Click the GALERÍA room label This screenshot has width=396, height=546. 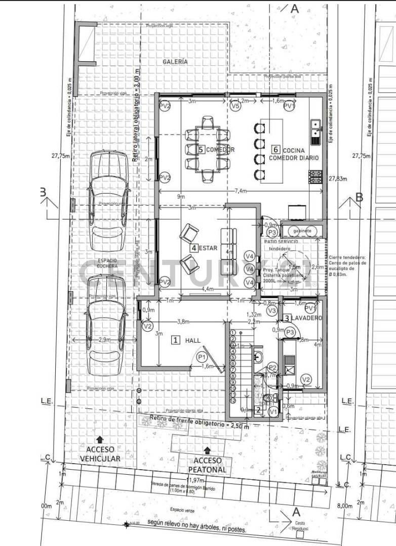click(x=175, y=61)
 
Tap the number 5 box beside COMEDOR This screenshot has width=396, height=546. click(x=201, y=150)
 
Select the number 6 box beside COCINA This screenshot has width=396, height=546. click(x=275, y=149)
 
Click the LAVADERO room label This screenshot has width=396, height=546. click(x=306, y=318)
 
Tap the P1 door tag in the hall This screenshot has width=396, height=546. click(x=203, y=357)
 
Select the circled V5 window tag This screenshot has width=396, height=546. click(x=235, y=107)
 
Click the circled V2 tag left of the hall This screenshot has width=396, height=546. click(x=147, y=327)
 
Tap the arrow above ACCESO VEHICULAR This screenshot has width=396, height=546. click(x=100, y=439)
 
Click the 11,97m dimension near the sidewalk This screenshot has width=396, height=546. click(x=194, y=479)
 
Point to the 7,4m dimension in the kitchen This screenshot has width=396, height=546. click(x=240, y=191)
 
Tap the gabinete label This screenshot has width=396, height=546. click(x=302, y=231)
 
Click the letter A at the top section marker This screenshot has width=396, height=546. click(x=295, y=9)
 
